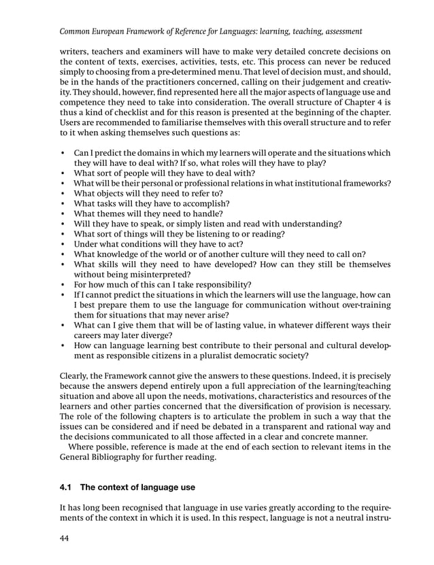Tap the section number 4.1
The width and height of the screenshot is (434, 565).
point(67,487)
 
